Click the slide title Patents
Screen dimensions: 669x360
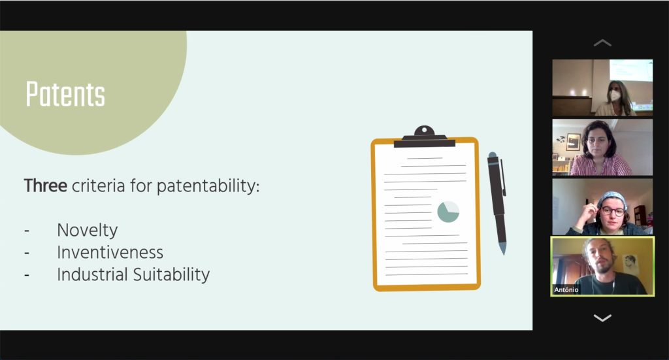tap(65, 94)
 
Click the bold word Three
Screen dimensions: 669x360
tap(45, 186)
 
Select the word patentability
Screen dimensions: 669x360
tap(208, 186)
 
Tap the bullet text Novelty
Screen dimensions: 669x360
tap(88, 231)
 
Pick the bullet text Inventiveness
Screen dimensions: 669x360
tap(110, 252)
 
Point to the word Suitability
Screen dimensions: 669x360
tap(172, 274)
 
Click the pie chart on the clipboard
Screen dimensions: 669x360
tap(448, 212)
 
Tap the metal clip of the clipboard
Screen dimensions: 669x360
tap(425, 137)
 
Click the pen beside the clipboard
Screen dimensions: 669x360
tap(497, 203)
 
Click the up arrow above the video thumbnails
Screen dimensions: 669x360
tap(602, 42)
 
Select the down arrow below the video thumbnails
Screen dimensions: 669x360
tap(602, 318)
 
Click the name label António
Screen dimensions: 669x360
tap(566, 289)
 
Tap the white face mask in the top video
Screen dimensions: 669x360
tap(615, 95)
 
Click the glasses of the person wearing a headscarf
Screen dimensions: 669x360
tap(613, 211)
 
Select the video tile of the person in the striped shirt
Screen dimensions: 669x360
tap(602, 147)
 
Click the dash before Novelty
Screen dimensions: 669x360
tap(27, 231)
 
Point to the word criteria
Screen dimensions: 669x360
tap(98, 186)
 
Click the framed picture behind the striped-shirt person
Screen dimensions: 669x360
tap(574, 142)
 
